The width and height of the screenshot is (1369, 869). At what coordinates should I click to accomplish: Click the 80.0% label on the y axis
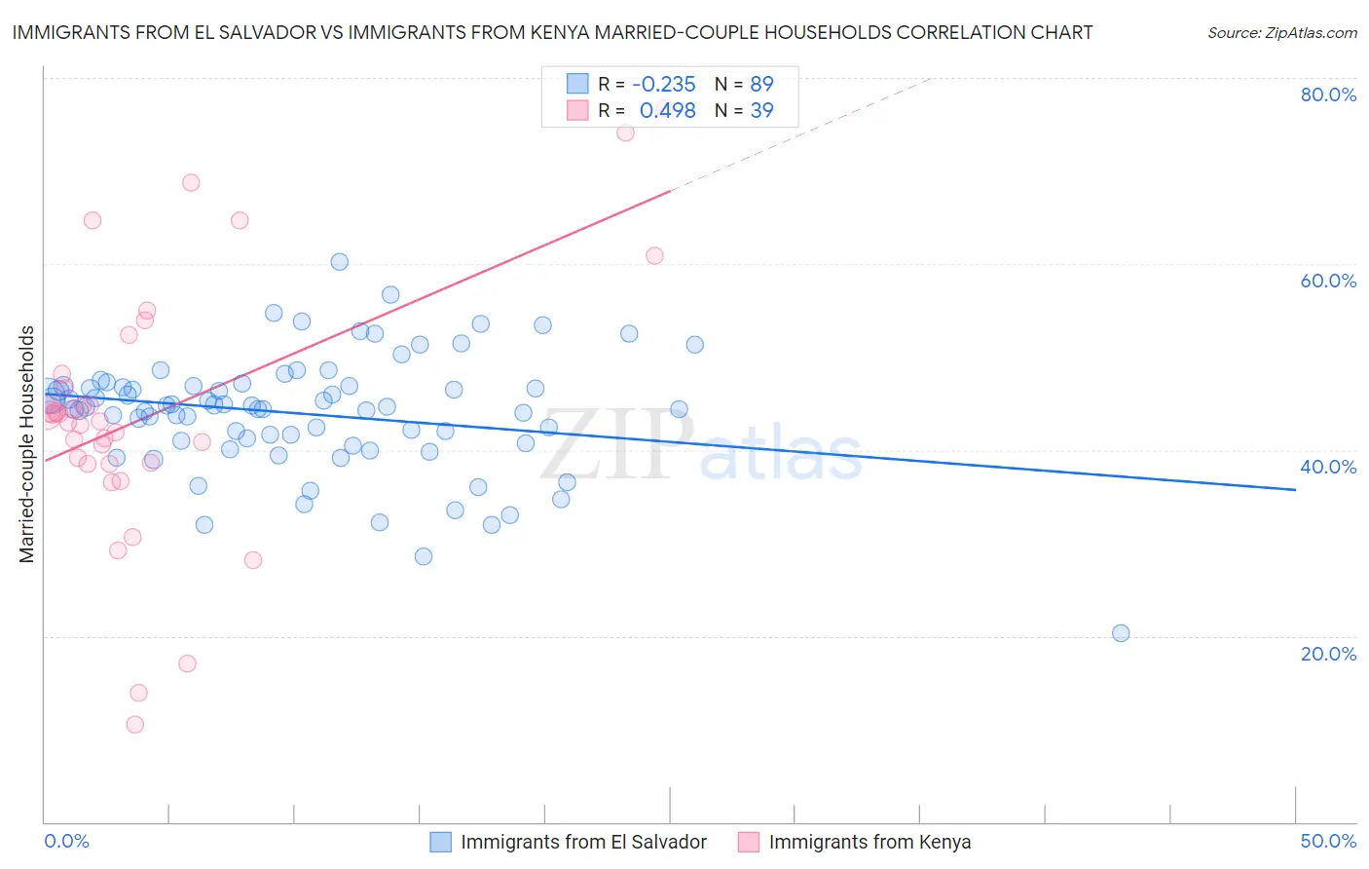(x=1328, y=94)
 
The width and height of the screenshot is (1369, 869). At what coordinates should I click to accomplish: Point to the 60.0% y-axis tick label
(x=1328, y=281)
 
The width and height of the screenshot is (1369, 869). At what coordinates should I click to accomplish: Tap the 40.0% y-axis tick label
(x=1328, y=467)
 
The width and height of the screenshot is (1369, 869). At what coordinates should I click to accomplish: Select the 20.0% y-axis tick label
(x=1328, y=654)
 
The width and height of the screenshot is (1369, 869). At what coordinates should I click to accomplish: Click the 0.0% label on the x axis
(x=66, y=841)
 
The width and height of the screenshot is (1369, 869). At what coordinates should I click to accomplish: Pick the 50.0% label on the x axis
(x=1328, y=841)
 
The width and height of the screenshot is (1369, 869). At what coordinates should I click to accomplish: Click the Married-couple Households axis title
(x=27, y=444)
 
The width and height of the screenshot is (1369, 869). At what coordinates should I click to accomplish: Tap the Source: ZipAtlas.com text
(x=1281, y=33)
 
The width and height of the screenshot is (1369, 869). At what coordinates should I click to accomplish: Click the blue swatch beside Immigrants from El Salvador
(x=441, y=842)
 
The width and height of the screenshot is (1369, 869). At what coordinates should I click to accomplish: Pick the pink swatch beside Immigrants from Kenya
(x=749, y=842)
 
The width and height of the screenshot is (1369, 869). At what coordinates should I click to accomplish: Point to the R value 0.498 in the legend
(x=667, y=111)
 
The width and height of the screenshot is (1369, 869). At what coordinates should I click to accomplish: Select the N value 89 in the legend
(x=761, y=84)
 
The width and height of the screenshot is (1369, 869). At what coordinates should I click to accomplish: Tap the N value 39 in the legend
(x=761, y=111)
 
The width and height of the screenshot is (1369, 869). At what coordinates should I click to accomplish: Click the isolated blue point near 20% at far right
(x=1121, y=633)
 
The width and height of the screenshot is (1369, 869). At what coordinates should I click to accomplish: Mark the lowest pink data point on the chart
(x=135, y=725)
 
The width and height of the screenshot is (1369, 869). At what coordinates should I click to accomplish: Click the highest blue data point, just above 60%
(x=340, y=262)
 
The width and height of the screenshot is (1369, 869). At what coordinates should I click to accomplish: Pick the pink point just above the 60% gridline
(x=654, y=256)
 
